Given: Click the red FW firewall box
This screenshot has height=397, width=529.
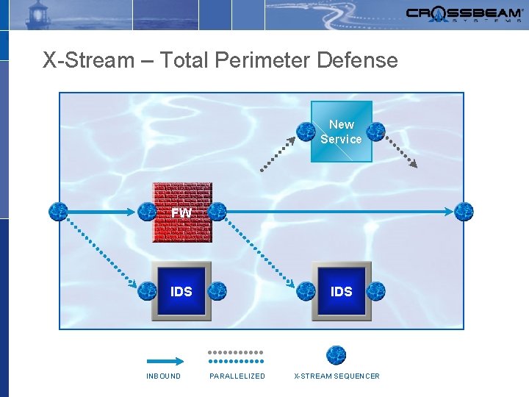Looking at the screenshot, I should coord(182,212).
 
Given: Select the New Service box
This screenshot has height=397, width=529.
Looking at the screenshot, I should coord(341,132).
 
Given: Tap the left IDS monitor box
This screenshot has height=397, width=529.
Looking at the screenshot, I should coord(181,291).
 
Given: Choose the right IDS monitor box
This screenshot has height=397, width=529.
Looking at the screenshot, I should coord(341,291).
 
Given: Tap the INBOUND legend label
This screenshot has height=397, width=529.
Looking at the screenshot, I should coord(163,376).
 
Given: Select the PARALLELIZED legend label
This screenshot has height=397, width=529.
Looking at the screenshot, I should coord(237,376).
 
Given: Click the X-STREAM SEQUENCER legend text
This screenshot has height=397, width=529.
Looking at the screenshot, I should coord(337,376).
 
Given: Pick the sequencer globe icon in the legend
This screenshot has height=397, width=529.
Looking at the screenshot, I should coord(337,355).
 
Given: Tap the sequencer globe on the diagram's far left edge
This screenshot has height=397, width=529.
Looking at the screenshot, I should coord(58,212).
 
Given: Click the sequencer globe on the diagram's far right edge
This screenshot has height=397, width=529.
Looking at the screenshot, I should coord(464,212).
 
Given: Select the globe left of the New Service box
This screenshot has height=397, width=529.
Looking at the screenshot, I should coord(306,132).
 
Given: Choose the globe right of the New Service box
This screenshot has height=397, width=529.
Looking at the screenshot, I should coord(375,132).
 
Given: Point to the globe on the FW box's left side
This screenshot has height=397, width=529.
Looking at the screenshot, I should coord(147,212).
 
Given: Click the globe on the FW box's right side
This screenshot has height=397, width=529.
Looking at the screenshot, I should coord(217,212).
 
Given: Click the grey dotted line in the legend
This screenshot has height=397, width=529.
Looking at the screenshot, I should coord(236,352).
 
